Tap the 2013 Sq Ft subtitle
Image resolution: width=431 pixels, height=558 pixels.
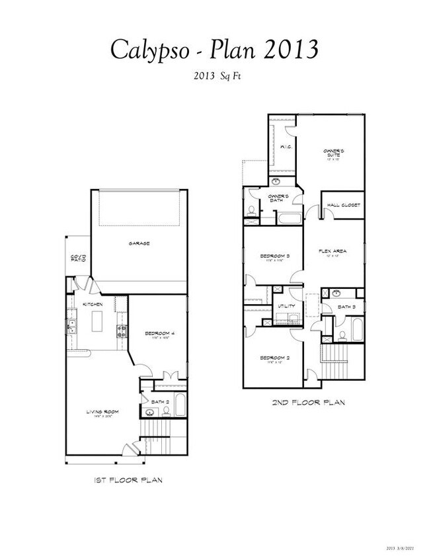point(215,76)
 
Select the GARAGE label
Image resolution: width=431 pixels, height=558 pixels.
point(139,243)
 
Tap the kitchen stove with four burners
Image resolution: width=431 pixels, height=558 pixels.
point(122,333)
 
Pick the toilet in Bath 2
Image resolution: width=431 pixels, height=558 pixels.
point(165,411)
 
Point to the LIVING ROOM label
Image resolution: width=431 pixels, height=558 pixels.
point(101,413)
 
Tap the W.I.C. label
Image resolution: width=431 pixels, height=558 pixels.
point(286,147)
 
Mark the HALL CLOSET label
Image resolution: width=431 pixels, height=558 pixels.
point(342,205)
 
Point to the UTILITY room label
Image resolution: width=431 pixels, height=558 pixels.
point(286,306)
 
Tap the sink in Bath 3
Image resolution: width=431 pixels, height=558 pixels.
point(336,292)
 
